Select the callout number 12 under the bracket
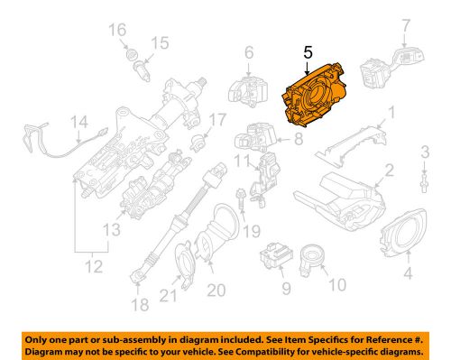[x=88, y=265]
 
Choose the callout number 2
[x=389, y=170]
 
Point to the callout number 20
[x=216, y=290]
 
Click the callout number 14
[x=79, y=122]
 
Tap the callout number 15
[x=160, y=43]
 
